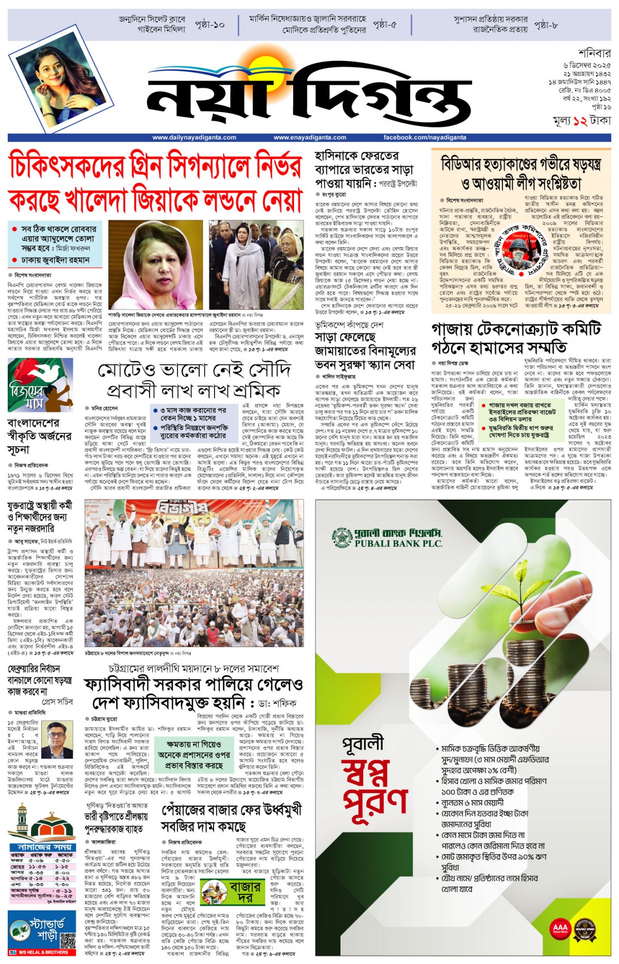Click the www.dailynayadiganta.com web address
click(194, 137)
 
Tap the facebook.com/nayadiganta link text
click(425, 137)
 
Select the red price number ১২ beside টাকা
click(580, 121)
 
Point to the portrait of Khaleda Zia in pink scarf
click(155, 264)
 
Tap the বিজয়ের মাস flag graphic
click(40, 384)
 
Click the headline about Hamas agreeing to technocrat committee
click(516, 338)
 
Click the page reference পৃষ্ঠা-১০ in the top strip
click(210, 25)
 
